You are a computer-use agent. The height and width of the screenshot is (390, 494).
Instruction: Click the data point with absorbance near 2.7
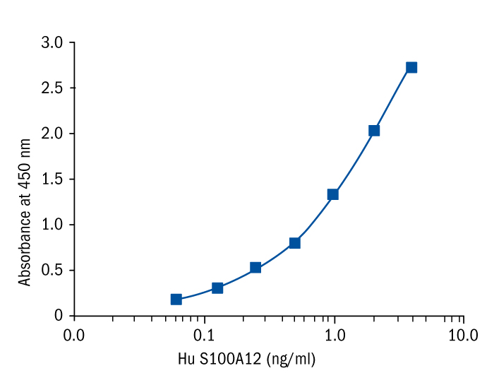coord(411,67)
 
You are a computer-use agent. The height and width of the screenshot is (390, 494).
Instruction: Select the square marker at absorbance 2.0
coord(374,130)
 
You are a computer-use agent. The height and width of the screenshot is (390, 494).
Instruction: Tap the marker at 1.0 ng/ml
coord(333,194)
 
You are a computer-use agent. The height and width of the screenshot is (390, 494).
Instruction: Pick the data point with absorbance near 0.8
coord(295,242)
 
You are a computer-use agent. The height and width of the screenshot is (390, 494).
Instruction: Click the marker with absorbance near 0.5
coord(255,267)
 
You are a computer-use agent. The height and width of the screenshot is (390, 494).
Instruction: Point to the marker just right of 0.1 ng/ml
coord(217,288)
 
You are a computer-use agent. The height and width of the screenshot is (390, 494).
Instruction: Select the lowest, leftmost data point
coord(176,300)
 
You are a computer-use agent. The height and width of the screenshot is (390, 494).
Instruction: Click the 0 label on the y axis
coord(59,316)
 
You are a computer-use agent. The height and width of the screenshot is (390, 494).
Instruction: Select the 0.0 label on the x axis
coord(75,333)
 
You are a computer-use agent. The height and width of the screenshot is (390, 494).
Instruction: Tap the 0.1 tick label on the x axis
coord(205,333)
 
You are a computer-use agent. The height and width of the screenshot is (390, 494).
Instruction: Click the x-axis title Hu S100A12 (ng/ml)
coord(246,360)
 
